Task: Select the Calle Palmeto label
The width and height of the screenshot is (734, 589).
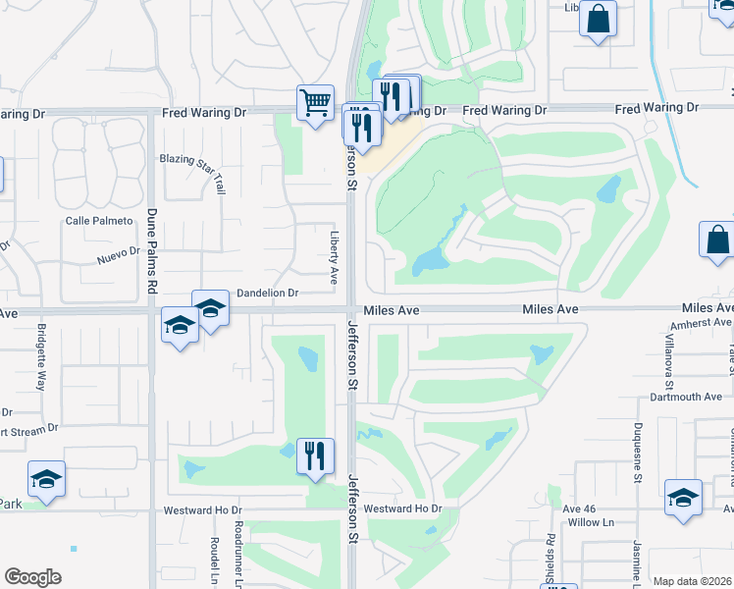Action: (x=98, y=221)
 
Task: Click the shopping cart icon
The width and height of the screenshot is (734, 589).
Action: (x=315, y=102)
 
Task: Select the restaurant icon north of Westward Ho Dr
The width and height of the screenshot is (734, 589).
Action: (x=315, y=456)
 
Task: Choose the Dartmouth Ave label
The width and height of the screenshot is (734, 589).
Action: (x=686, y=397)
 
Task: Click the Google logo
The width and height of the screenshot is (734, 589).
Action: (x=32, y=577)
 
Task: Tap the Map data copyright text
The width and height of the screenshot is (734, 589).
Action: (x=691, y=581)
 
